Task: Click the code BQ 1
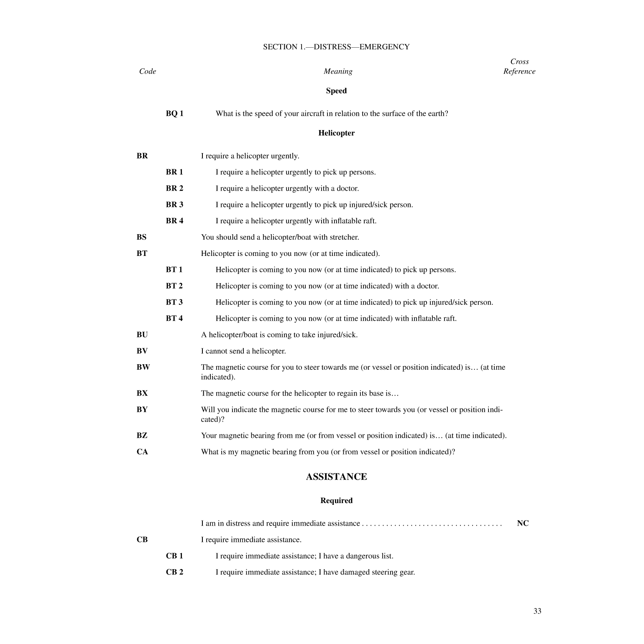174,114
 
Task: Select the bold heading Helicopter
336,133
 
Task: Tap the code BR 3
174,204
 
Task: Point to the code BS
141,237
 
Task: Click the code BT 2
174,286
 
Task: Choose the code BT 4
174,319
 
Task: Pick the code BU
142,335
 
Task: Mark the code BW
143,367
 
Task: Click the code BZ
142,435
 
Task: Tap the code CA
142,452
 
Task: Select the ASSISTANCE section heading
336,477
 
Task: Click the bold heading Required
336,501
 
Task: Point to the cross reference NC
523,523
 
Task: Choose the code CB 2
174,572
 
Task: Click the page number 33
537,611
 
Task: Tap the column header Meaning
338,72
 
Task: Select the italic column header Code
148,72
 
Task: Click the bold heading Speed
336,91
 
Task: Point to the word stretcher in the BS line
345,237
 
